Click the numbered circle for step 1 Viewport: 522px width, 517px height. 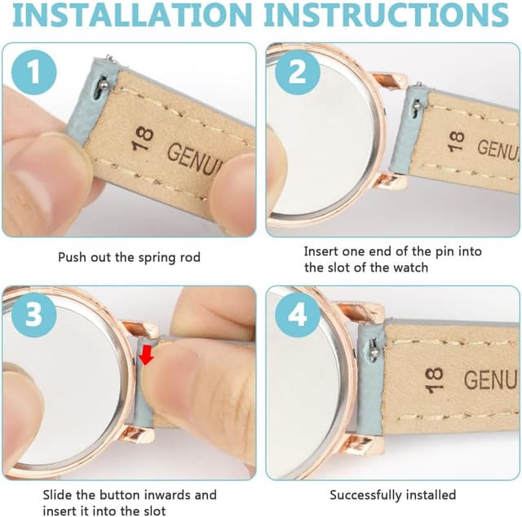34,73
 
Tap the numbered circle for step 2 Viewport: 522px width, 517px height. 298,73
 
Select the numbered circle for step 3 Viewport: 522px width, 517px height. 34,315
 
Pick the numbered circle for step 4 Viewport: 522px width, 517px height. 298,315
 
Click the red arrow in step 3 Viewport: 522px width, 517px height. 146,356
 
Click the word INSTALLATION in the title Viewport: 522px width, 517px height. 133,15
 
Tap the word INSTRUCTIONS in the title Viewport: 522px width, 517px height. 386,15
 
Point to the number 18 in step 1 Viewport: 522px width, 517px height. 144,139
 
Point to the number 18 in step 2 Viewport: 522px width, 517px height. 456,142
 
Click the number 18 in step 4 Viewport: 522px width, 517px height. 435,380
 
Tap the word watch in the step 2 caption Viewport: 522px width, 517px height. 410,267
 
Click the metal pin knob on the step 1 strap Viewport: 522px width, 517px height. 105,86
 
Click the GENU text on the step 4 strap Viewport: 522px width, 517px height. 490,380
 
